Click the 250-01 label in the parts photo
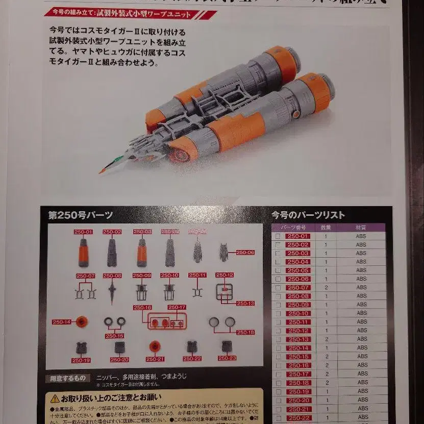click(83, 232)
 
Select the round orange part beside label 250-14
click(82, 321)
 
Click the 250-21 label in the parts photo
click(154, 359)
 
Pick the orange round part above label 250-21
click(154, 347)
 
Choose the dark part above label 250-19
click(82, 347)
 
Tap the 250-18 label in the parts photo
click(245, 332)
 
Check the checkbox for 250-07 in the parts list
click(278, 288)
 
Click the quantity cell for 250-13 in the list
click(326, 339)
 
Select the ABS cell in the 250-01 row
click(361, 236)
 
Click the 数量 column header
click(326, 227)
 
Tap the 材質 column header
click(361, 227)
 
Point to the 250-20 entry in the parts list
click(298, 400)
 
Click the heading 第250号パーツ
click(81, 215)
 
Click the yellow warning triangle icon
click(55, 398)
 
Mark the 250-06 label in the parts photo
click(245, 252)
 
